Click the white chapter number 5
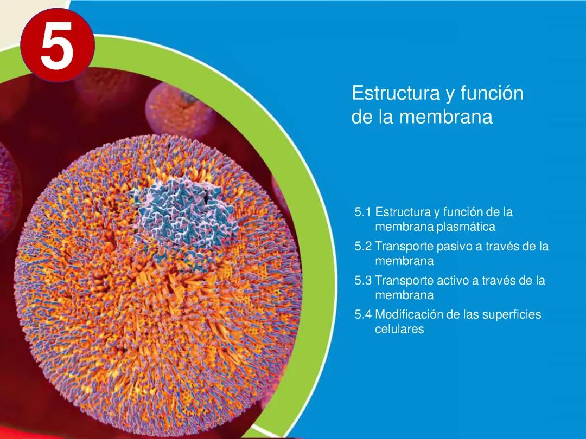coord(57,47)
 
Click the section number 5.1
coord(363,212)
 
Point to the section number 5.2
coord(363,247)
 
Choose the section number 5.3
coord(363,281)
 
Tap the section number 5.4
coord(363,315)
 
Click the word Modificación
coord(408,315)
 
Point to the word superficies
coord(512,315)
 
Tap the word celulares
coord(399,329)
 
